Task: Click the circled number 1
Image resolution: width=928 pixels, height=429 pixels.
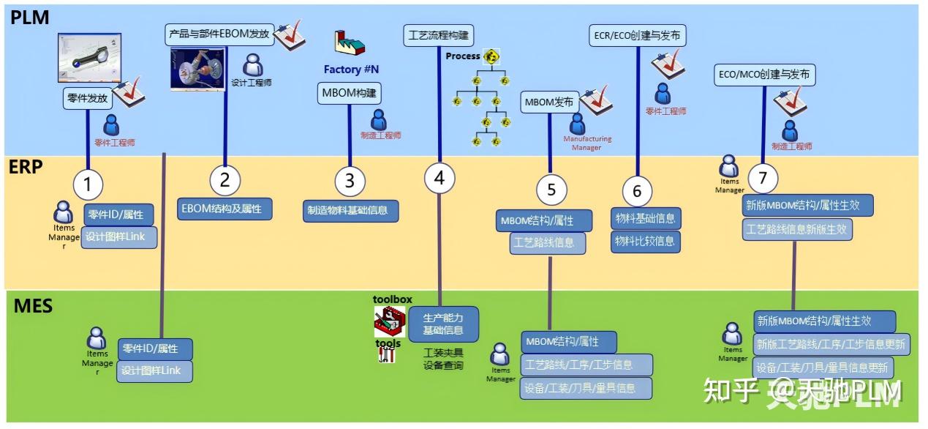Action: (x=88, y=184)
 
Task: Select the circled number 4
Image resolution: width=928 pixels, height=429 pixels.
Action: (x=439, y=179)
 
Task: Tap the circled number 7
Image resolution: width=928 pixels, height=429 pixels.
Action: (x=763, y=178)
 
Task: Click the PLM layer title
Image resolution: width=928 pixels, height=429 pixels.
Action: (x=30, y=18)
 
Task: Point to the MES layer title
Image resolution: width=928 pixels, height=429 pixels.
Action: (x=33, y=305)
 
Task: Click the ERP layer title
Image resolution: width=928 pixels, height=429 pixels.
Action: (x=26, y=167)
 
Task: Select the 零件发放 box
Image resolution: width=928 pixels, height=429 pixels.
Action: (x=88, y=97)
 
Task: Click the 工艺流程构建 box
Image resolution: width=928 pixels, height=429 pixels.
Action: (x=439, y=34)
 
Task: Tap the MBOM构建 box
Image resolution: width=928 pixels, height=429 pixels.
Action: (x=350, y=93)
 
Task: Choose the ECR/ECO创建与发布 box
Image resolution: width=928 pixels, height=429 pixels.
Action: (x=638, y=34)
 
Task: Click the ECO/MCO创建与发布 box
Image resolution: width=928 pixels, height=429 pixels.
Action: (x=763, y=74)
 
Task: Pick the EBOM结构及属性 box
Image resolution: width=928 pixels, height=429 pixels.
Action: (x=225, y=208)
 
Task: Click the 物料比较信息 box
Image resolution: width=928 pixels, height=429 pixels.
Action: (x=645, y=241)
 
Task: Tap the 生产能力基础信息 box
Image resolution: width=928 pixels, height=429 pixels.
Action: (x=443, y=324)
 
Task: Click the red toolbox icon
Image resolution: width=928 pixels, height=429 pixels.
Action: (x=389, y=319)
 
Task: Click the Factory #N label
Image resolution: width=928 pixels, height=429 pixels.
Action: (x=351, y=70)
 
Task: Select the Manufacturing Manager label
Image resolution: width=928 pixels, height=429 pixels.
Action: (x=586, y=143)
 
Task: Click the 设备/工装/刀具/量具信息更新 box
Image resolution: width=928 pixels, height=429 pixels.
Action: (x=831, y=368)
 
